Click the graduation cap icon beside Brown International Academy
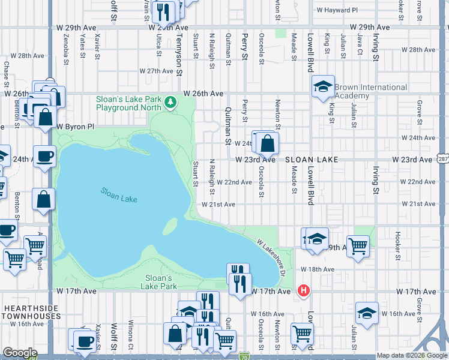coord(323,88)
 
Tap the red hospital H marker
coord(304,291)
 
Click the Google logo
coord(20,353)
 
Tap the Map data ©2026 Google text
coord(411,355)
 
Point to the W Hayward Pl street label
coord(337,10)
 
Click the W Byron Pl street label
coord(76,127)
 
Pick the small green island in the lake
coord(171,227)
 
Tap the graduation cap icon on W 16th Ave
coord(367,313)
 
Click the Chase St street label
coord(7,73)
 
